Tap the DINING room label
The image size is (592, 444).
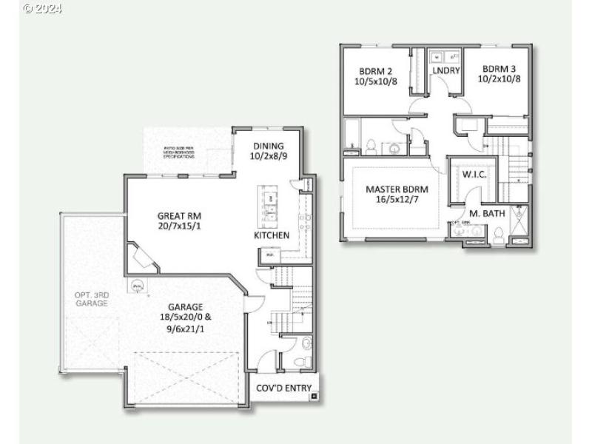(268, 147)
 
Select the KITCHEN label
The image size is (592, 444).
(272, 235)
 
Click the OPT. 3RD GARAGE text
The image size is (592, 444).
(92, 299)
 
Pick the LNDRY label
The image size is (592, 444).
(447, 71)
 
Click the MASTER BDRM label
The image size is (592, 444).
(397, 189)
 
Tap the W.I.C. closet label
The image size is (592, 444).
(474, 175)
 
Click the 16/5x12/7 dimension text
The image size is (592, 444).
(397, 200)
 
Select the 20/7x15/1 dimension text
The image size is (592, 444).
(179, 226)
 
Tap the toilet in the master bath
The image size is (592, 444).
(499, 235)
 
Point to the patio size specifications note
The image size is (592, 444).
(180, 153)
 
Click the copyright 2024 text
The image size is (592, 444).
(43, 9)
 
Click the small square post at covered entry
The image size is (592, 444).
(314, 397)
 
